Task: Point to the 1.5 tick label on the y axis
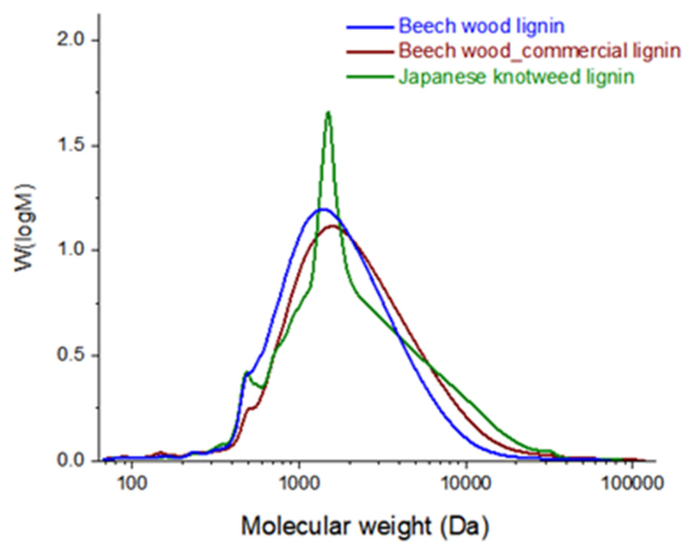click(x=71, y=146)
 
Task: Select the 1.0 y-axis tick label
click(x=71, y=250)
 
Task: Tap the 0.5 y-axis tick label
click(x=71, y=355)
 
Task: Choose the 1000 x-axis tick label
click(x=299, y=483)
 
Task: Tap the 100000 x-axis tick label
click(x=632, y=483)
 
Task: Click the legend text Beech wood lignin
click(x=482, y=26)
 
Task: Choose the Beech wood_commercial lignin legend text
click(x=539, y=51)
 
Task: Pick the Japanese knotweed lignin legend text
click(x=516, y=76)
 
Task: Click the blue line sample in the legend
click(x=370, y=27)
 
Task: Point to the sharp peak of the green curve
click(x=328, y=112)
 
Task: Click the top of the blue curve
click(x=323, y=209)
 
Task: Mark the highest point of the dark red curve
click(x=333, y=226)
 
